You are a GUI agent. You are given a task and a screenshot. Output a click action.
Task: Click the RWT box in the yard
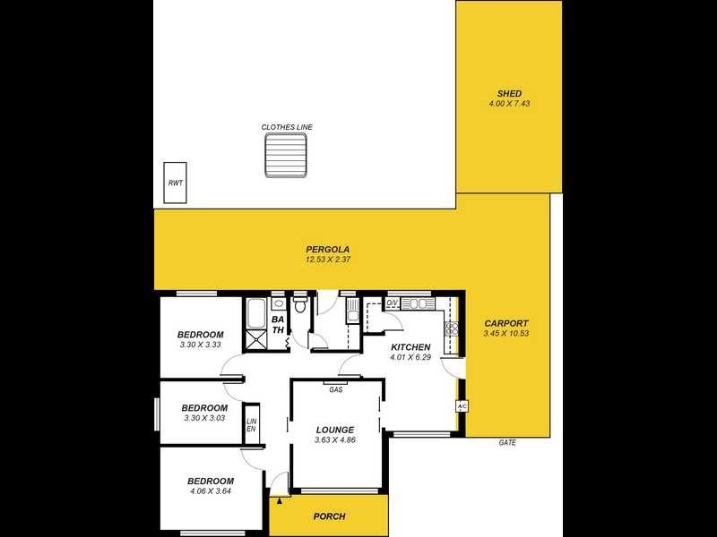pyautogui.click(x=175, y=183)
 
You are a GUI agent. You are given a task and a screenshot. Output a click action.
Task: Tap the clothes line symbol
pyautogui.click(x=287, y=158)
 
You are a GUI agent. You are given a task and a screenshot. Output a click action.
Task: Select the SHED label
pyautogui.click(x=509, y=94)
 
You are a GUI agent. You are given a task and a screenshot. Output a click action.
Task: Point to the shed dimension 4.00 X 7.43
pyautogui.click(x=509, y=105)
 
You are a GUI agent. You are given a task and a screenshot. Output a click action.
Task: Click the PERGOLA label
pyautogui.click(x=327, y=250)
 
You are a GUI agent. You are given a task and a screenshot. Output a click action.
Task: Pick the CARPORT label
pyautogui.click(x=506, y=324)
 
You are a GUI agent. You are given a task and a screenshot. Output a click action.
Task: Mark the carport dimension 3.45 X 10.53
pyautogui.click(x=506, y=334)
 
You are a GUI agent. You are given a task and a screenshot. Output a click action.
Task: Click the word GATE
pyautogui.click(x=508, y=442)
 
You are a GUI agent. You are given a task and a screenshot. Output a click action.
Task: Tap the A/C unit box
pyautogui.click(x=462, y=406)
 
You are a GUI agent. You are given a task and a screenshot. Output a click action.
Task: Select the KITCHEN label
pyautogui.click(x=410, y=347)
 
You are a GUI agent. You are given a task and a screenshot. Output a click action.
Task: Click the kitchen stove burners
pyautogui.click(x=452, y=328)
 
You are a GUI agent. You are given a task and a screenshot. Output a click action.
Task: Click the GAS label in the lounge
pyautogui.click(x=336, y=389)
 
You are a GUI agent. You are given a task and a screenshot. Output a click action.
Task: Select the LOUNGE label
pyautogui.click(x=335, y=430)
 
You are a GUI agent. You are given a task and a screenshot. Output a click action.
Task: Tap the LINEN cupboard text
pyautogui.click(x=252, y=425)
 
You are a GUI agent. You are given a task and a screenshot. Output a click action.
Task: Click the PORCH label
pyautogui.click(x=329, y=516)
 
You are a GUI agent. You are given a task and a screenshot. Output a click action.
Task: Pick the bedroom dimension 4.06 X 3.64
pyautogui.click(x=212, y=490)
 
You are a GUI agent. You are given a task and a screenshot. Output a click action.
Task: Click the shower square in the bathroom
pyautogui.click(x=255, y=338)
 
